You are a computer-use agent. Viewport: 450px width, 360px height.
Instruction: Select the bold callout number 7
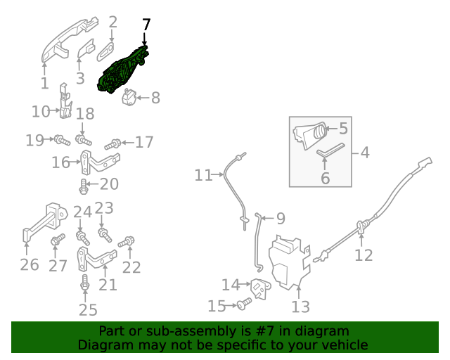146,25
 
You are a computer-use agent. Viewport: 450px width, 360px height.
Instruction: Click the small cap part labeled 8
129,97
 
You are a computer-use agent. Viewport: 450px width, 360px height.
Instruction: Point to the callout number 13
300,307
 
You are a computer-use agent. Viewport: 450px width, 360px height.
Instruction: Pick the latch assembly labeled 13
289,262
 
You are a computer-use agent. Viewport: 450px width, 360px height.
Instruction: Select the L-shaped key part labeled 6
330,150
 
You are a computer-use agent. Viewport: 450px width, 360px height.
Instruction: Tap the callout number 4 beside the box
365,153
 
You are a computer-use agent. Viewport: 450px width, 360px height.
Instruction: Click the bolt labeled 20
83,186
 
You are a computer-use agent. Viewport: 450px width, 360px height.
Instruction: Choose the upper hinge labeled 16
100,162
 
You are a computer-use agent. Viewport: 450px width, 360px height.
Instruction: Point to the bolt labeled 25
84,283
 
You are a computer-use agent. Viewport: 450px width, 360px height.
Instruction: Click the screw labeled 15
245,304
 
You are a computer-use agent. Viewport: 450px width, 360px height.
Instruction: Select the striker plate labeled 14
261,288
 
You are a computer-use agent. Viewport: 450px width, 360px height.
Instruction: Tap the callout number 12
364,255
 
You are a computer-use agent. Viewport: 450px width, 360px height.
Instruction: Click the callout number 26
30,264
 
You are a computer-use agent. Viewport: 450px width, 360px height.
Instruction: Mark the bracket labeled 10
65,101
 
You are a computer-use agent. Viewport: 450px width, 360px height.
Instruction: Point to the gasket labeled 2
105,51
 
